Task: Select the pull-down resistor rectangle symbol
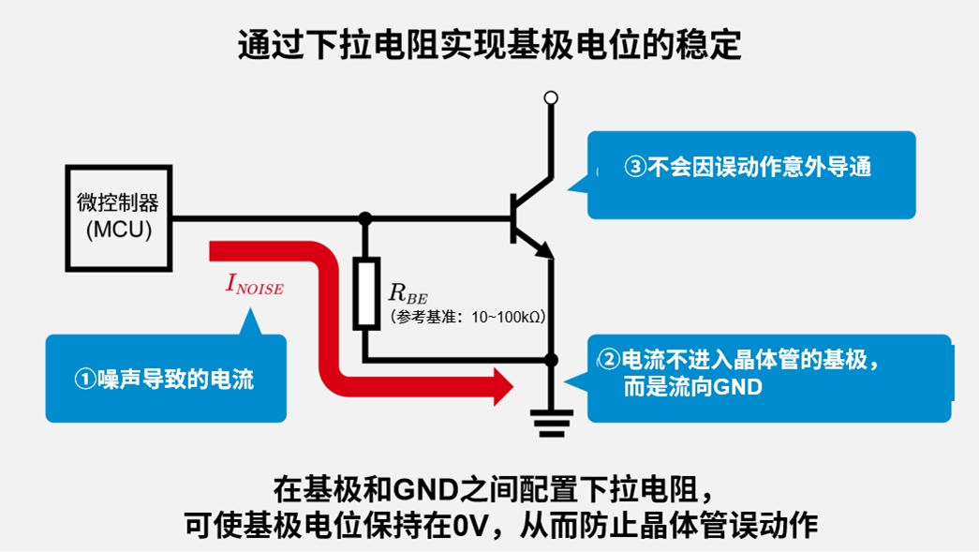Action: coord(366,292)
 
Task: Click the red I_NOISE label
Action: coord(254,285)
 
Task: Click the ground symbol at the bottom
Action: coord(552,423)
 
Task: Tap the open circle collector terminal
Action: coord(552,97)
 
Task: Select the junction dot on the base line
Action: coord(366,218)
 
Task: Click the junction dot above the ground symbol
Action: coord(552,360)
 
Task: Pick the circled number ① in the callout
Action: coord(85,380)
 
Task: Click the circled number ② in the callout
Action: coord(610,359)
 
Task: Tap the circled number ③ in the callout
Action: coord(636,168)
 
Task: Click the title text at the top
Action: coord(489,45)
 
